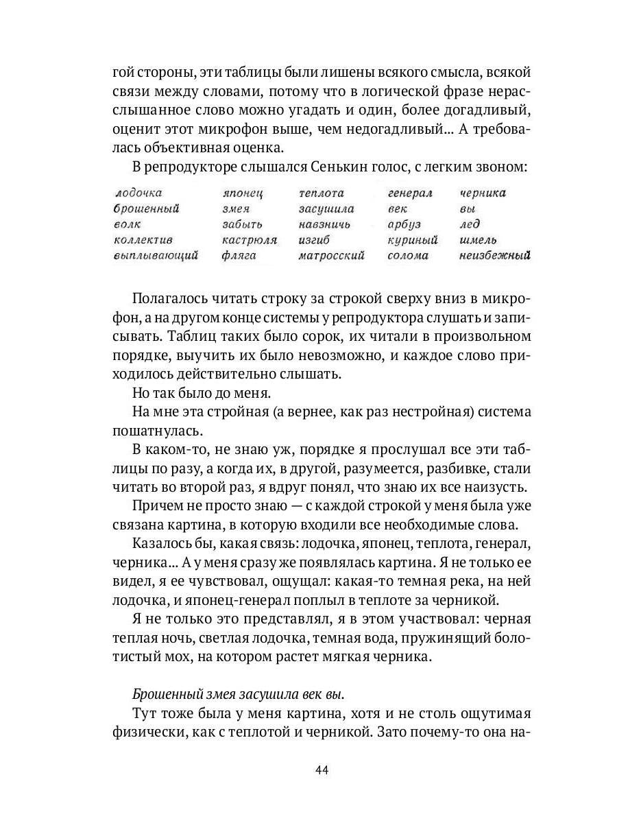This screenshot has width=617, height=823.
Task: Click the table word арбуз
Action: coord(404,224)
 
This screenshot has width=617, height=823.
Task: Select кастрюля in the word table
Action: coord(249,240)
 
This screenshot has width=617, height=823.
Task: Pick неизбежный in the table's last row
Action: coord(496,256)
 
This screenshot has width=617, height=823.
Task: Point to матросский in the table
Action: coord(331,256)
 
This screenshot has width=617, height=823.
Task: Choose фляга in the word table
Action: coord(239,256)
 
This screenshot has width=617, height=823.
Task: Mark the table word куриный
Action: coord(412,240)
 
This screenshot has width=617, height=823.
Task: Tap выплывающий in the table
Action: coord(156,256)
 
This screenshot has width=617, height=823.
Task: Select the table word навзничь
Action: coord(324,224)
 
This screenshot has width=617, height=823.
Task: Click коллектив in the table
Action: coord(143,240)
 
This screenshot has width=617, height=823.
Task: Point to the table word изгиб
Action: coord(314,240)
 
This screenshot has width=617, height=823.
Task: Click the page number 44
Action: coord(322,769)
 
